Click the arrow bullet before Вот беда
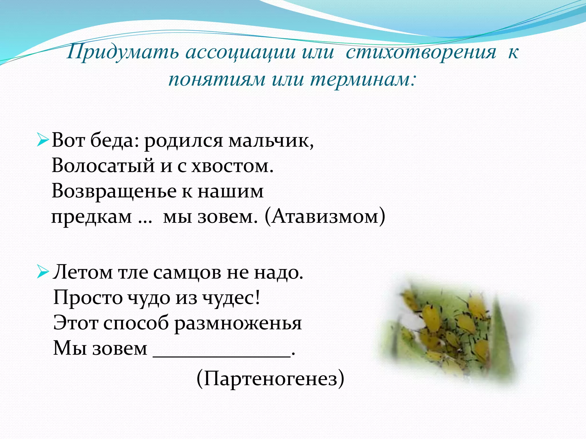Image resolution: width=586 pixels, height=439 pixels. point(43,141)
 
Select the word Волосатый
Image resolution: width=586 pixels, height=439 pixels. point(103,166)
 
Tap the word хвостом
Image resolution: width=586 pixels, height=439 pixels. point(232,166)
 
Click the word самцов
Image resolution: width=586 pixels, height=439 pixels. point(187,272)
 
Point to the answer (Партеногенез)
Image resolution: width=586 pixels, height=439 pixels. point(270,379)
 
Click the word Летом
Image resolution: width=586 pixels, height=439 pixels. point(83,272)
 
